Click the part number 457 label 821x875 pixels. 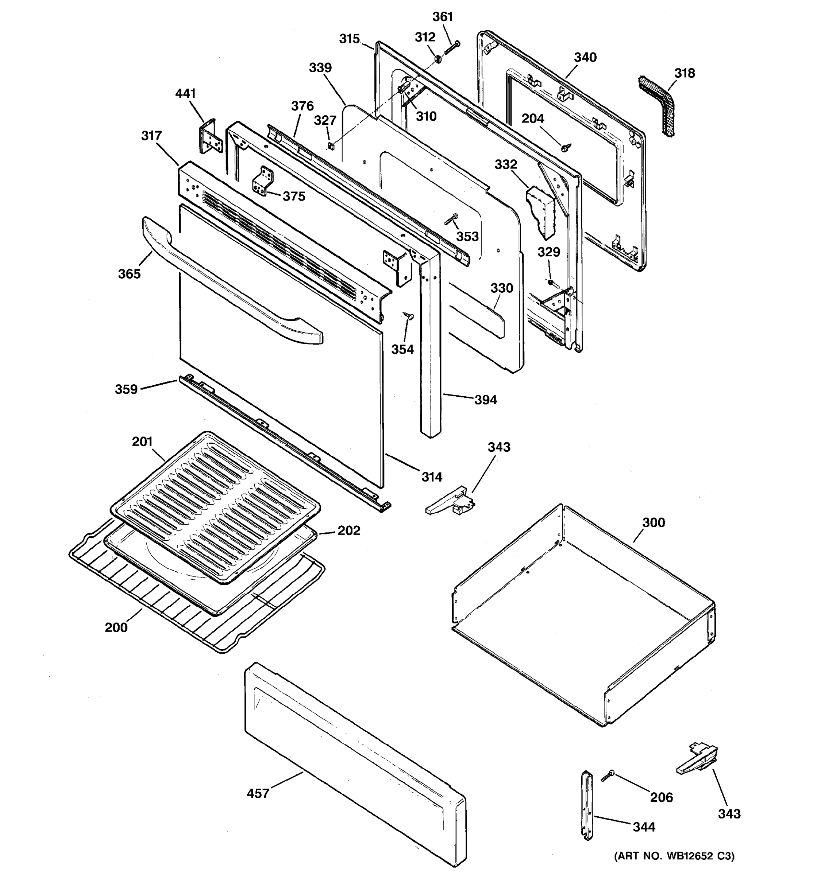coord(258,794)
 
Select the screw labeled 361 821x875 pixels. coord(452,47)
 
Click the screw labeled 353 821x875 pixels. coord(451,219)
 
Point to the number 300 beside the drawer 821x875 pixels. coord(653,522)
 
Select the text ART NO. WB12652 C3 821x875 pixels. coord(674,856)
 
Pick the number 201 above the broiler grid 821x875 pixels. coord(142,442)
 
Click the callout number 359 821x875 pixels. coord(126,389)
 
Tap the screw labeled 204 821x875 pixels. coord(564,147)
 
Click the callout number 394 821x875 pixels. coord(485,400)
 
